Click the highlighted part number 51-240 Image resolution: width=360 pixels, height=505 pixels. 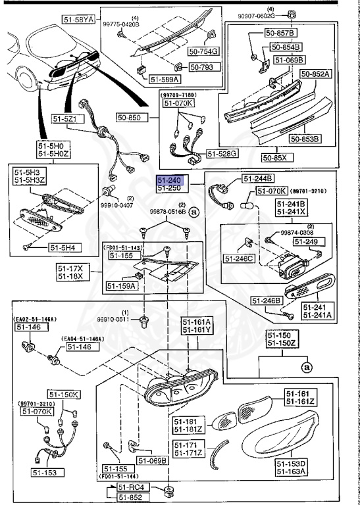tap(168, 179)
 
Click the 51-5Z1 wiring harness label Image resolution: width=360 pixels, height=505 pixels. tap(66, 119)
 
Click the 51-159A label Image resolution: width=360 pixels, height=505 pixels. tap(121, 286)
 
